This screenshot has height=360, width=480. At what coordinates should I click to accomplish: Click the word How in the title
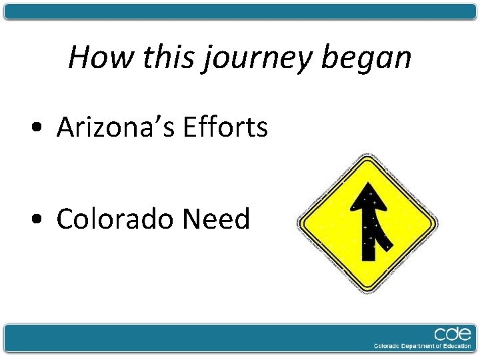pos(93,57)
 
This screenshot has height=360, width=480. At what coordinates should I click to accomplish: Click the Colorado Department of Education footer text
pos(421,347)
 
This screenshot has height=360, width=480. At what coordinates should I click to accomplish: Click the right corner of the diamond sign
pos(436,224)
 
